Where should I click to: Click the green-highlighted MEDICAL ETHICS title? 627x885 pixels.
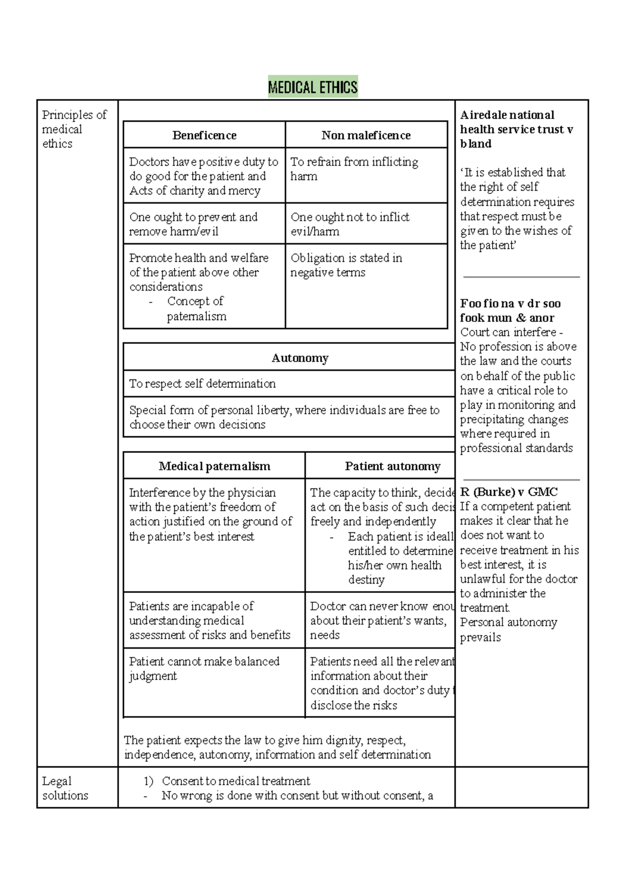coord(312,87)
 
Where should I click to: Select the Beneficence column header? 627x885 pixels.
coord(204,135)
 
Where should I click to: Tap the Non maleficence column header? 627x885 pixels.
coord(366,135)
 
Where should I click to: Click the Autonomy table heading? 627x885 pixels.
coord(300,358)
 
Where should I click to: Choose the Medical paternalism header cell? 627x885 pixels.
coord(214,466)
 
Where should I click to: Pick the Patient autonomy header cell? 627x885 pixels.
coord(392,466)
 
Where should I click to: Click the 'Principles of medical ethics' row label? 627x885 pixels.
coord(74,129)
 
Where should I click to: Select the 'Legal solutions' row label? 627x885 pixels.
coord(65,788)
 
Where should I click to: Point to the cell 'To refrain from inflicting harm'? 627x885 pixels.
coord(354,169)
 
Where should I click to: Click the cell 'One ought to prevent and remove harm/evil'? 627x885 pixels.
coord(193,224)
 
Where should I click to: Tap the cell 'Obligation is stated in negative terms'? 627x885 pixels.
coord(346,265)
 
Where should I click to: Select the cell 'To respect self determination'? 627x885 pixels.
coord(202,383)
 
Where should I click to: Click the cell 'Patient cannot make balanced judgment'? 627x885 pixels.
coord(204,668)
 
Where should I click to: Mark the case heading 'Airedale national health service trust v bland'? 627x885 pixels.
coord(516,129)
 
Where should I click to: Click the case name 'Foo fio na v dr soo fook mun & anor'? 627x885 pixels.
coord(510,310)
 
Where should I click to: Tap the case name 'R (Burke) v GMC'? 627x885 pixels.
coord(508,492)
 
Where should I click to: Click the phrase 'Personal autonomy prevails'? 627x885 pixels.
coord(508,630)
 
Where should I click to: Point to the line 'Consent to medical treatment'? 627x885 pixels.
coord(236,781)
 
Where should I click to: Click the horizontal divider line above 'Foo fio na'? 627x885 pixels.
coord(521,277)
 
